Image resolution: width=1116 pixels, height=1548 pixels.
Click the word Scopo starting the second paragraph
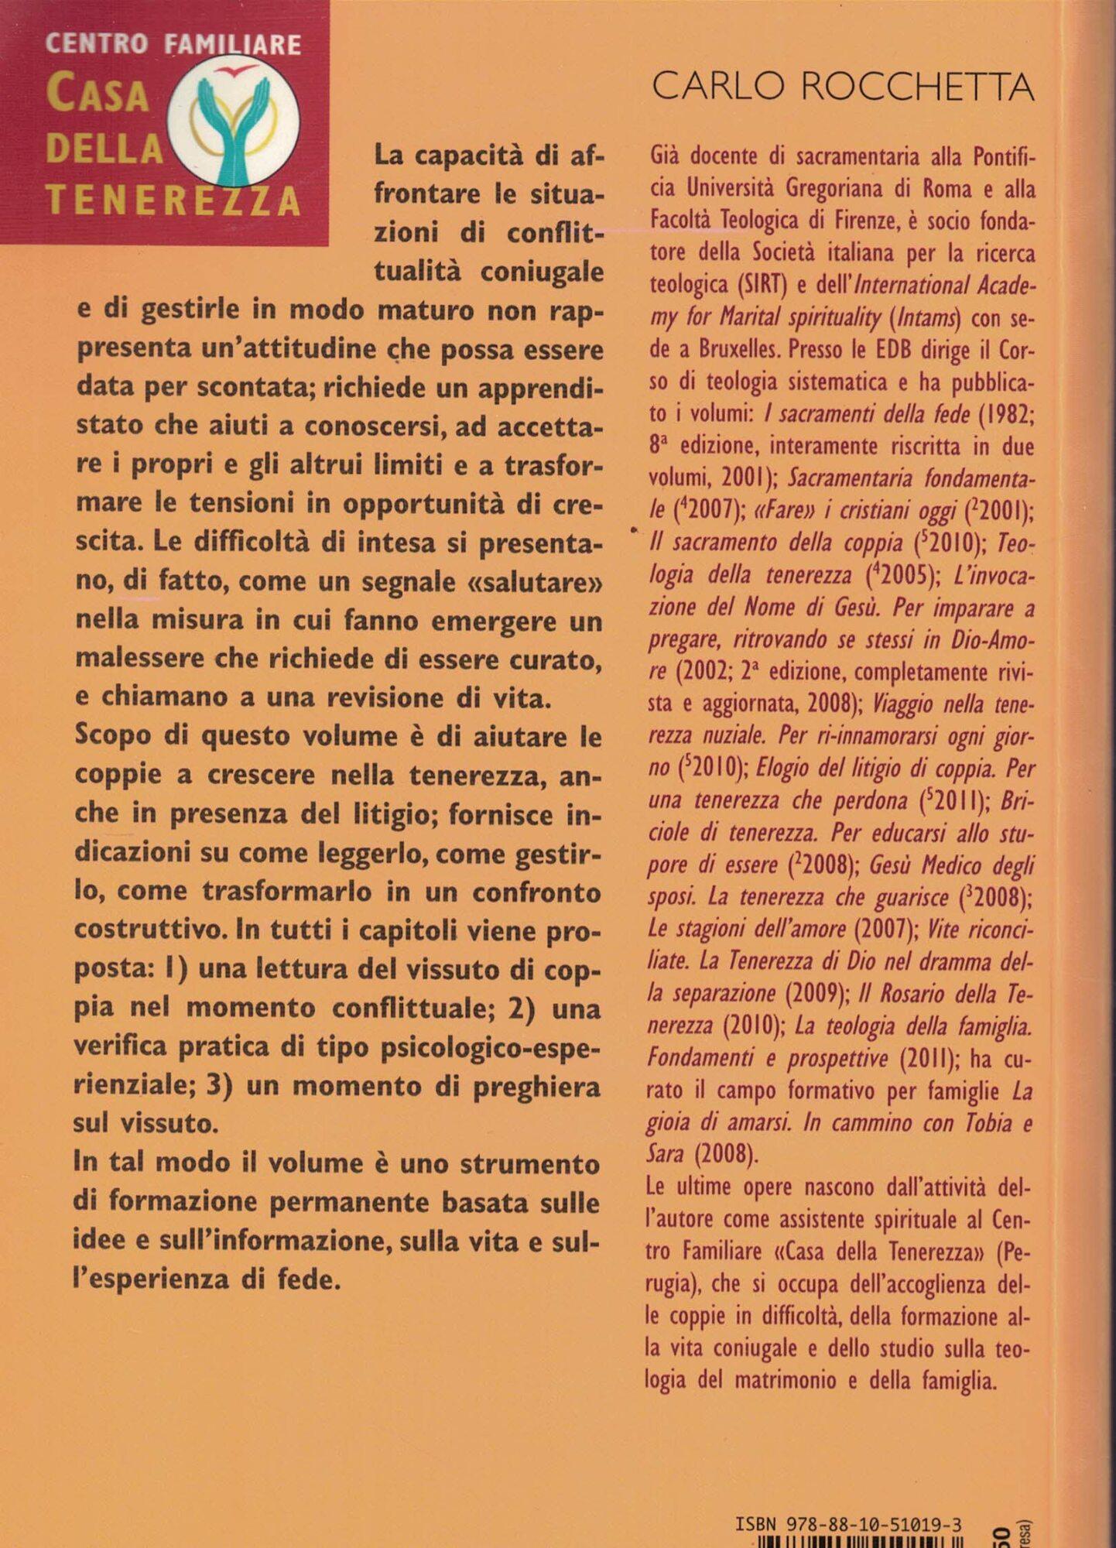(x=114, y=735)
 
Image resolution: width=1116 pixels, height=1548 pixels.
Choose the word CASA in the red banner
(x=98, y=94)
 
